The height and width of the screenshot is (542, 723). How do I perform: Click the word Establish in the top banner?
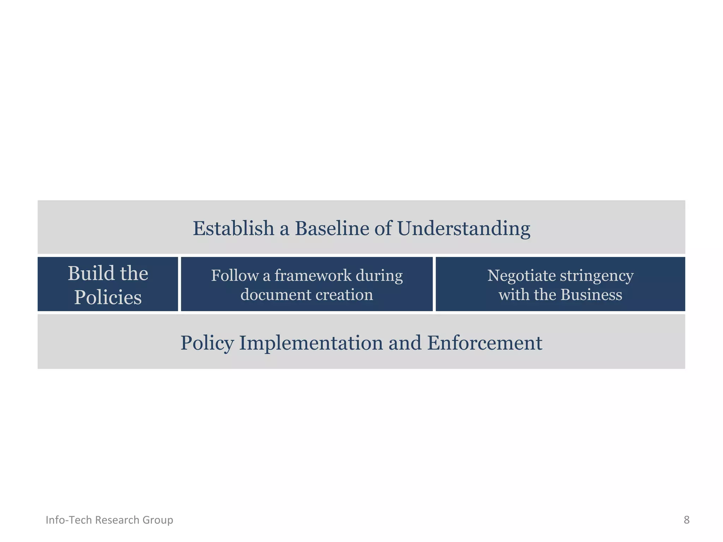click(x=233, y=228)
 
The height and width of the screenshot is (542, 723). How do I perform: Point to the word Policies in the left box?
click(x=108, y=297)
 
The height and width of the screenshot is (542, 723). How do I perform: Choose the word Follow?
click(x=234, y=276)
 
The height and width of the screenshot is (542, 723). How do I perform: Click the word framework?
click(x=312, y=276)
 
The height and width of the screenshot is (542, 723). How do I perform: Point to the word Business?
click(x=591, y=295)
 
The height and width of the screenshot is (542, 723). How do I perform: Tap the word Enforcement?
click(x=485, y=343)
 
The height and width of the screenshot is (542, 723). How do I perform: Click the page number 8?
click(x=686, y=520)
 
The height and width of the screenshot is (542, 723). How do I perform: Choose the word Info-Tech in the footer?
click(x=69, y=520)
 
